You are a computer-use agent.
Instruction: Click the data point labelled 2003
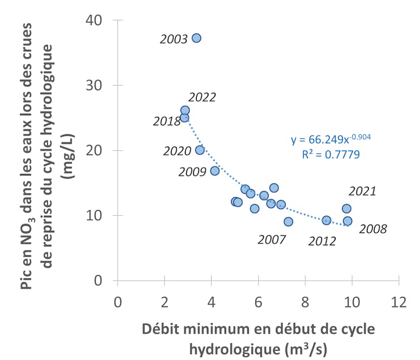tap(196, 38)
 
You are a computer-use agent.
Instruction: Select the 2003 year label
tap(173, 40)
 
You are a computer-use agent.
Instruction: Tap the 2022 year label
tap(202, 98)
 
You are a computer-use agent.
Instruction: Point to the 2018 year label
tap(166, 121)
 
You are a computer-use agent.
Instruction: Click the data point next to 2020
tap(199, 150)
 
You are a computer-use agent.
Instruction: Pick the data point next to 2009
tap(214, 171)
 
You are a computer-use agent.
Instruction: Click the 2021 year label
tap(362, 192)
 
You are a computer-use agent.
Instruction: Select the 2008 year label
tap(373, 228)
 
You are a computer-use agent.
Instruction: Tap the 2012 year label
tap(322, 241)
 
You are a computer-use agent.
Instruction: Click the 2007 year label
tap(272, 240)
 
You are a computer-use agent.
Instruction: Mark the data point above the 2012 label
tap(326, 220)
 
